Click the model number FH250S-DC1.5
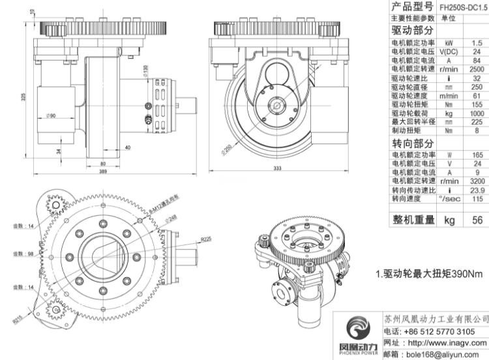click(464, 7)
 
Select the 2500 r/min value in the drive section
click(477, 68)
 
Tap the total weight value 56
click(477, 220)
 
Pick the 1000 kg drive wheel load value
click(477, 113)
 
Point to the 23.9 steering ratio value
click(477, 189)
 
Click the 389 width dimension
click(104, 171)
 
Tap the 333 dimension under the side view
click(277, 168)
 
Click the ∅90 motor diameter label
click(50, 115)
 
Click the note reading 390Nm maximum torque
click(430, 274)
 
